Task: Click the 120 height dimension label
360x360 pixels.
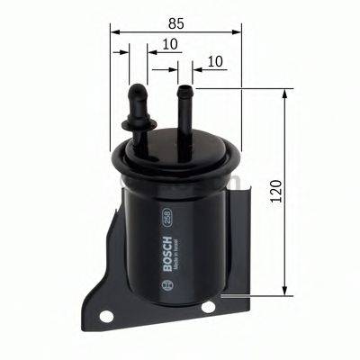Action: point(275,189)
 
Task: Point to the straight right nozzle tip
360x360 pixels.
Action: point(185,91)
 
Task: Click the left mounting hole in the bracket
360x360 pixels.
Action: point(108,316)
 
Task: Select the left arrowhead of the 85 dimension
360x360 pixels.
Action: point(115,31)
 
